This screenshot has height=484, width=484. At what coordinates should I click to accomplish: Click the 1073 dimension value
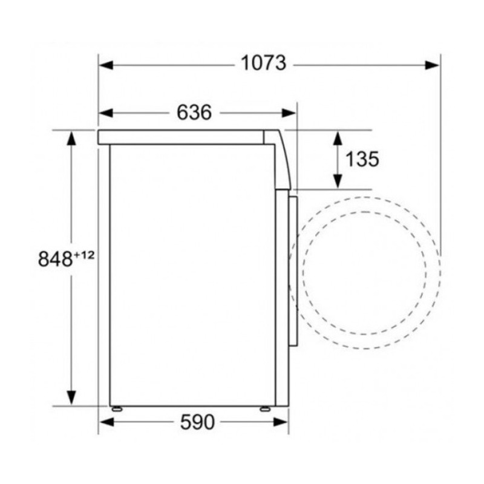pyautogui.click(x=263, y=64)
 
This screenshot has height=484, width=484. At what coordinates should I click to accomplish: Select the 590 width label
pyautogui.click(x=197, y=422)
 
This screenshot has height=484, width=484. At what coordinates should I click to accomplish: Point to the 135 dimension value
pyautogui.click(x=362, y=159)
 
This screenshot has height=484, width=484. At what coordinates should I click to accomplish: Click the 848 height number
pyautogui.click(x=55, y=259)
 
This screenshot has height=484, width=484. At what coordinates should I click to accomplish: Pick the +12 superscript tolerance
pyautogui.click(x=83, y=255)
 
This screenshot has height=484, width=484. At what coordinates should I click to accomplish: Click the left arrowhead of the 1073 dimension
pyautogui.click(x=106, y=65)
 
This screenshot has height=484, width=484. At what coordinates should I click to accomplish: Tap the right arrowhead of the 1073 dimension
pyautogui.click(x=432, y=65)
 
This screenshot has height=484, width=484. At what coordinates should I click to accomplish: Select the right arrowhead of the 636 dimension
pyautogui.click(x=289, y=113)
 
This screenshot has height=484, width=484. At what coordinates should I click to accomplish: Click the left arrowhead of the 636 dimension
pyautogui.click(x=106, y=113)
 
